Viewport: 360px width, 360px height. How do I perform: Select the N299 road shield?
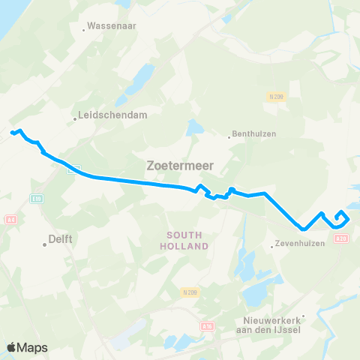click(276, 97)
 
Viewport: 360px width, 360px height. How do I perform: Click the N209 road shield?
click(189, 291)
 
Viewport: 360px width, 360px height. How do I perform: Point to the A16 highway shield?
click(208, 326)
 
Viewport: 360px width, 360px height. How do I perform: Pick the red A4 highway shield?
click(10, 220)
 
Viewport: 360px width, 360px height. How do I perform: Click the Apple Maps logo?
click(27, 347)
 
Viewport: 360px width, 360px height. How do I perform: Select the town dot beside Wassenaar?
click(84, 31)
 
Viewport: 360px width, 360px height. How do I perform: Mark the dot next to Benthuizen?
click(229, 136)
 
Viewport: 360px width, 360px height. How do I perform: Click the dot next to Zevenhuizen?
click(271, 245)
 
